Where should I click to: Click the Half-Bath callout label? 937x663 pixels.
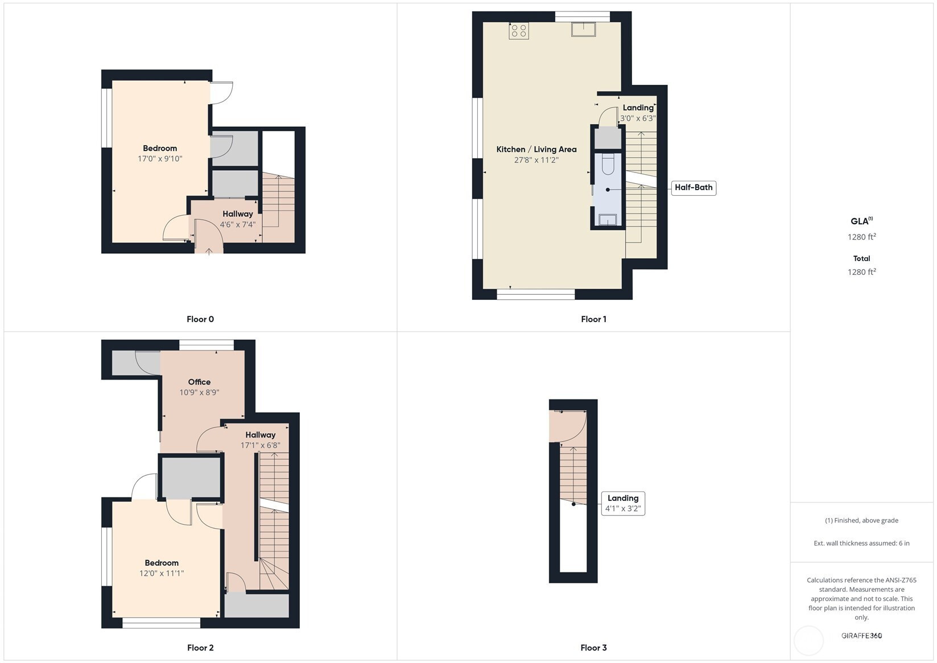(694, 187)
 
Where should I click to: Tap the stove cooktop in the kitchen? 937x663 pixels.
(519, 31)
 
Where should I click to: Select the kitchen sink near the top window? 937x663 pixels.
(584, 29)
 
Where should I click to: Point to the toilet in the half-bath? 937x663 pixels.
(608, 164)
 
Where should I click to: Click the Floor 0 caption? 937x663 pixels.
(200, 319)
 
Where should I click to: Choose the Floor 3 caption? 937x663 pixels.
(593, 648)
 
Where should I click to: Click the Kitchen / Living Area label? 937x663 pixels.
(536, 150)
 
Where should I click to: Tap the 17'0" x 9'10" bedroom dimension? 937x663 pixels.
(160, 159)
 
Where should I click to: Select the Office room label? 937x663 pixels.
(199, 382)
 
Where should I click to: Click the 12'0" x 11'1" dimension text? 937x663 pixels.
(162, 573)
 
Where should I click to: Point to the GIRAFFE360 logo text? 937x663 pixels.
(862, 636)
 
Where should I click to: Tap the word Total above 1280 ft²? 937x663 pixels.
(862, 259)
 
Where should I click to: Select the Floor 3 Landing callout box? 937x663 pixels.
(624, 504)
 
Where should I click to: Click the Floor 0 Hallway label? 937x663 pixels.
(238, 214)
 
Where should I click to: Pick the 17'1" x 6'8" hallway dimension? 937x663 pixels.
(260, 446)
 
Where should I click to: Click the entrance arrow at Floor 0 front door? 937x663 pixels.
(209, 251)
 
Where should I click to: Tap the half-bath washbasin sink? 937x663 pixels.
(608, 220)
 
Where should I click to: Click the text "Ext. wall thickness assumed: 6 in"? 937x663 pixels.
(862, 543)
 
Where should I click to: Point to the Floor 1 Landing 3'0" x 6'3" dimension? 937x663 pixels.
(638, 118)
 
